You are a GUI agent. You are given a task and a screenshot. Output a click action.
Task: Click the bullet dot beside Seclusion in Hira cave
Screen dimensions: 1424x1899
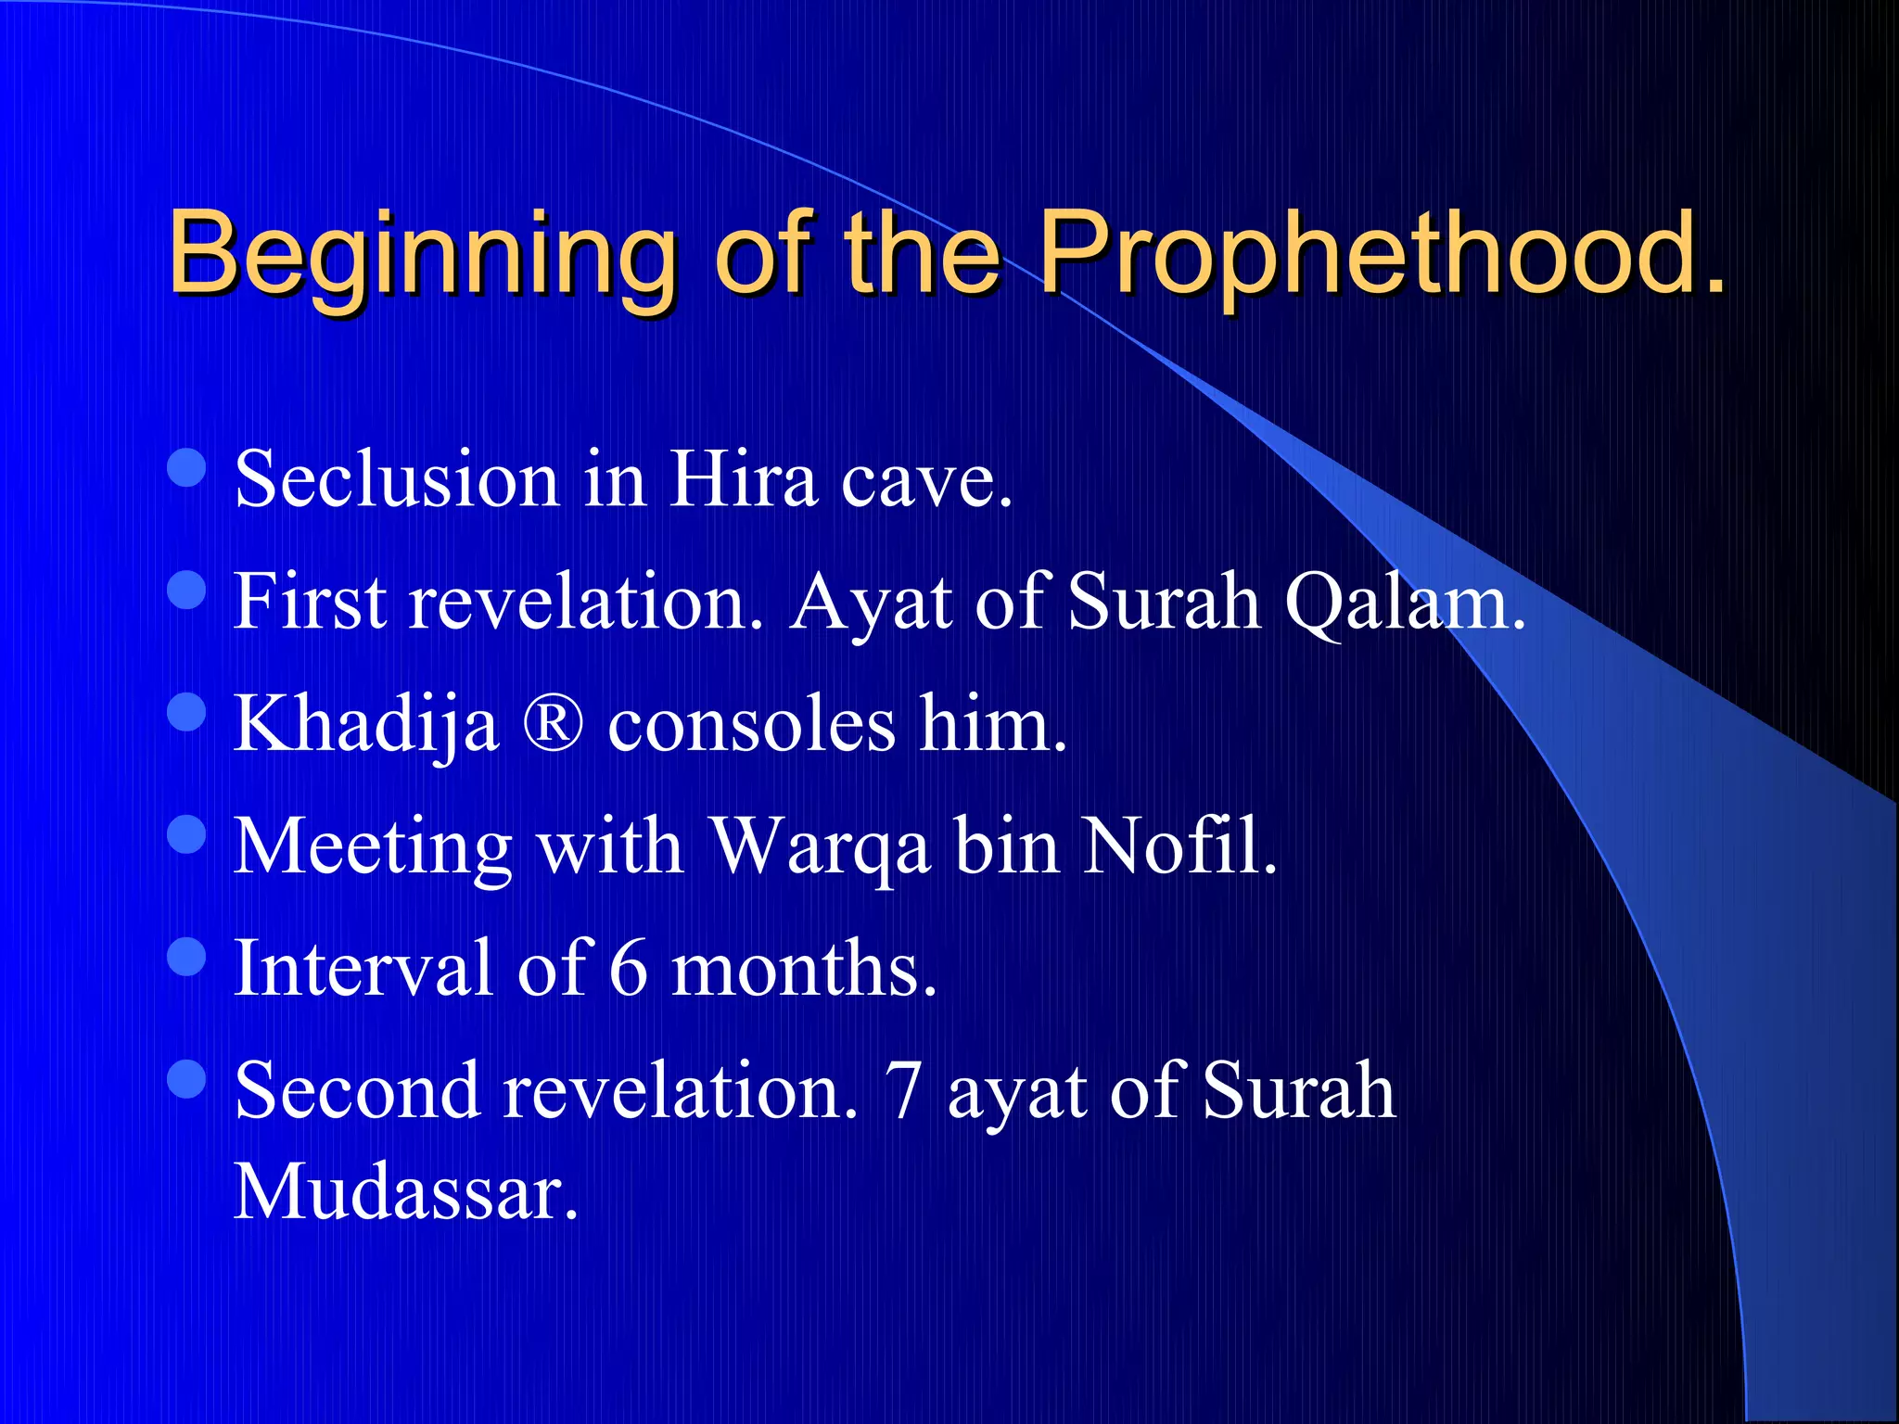(187, 467)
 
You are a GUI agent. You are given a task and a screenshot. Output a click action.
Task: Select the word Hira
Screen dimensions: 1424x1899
(743, 479)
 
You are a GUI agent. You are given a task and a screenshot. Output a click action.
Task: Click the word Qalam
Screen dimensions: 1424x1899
(1404, 603)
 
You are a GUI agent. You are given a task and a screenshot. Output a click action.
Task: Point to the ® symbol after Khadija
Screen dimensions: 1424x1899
(553, 724)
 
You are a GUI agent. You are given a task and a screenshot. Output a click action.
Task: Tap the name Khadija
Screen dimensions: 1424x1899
(366, 724)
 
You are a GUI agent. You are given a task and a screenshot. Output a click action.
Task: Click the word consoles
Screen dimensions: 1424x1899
(751, 724)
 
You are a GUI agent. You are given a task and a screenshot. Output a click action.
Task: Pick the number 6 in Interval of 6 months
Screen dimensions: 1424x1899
(629, 968)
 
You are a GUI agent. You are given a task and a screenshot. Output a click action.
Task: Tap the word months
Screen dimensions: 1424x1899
(803, 968)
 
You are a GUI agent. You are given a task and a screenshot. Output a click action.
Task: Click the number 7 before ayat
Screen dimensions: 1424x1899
(902, 1091)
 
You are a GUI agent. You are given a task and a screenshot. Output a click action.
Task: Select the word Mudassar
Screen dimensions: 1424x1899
(405, 1192)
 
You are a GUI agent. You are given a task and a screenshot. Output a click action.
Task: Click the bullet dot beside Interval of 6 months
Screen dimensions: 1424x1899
(187, 957)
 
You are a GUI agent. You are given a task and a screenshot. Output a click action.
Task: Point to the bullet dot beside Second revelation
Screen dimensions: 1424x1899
(187, 1079)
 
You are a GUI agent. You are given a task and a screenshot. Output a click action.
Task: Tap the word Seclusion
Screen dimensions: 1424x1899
(396, 479)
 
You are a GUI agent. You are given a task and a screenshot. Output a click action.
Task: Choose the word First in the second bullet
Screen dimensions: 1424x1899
(309, 603)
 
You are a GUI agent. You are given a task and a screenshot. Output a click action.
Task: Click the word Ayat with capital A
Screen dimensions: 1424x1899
(870, 603)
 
